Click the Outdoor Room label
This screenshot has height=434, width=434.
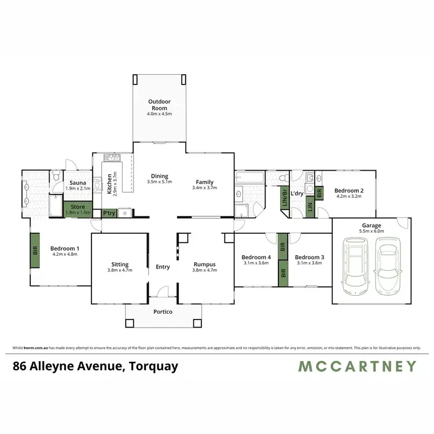(159, 105)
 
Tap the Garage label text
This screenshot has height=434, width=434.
(372, 225)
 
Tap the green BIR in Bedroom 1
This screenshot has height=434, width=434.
(34, 250)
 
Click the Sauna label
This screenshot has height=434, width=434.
(78, 183)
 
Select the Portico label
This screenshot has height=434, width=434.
(163, 312)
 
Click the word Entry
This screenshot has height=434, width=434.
(163, 267)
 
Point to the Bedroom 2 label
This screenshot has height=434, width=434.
(349, 190)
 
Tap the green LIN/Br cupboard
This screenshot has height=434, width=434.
(284, 197)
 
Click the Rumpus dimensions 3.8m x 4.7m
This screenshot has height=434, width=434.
(205, 270)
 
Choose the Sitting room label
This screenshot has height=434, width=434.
(120, 264)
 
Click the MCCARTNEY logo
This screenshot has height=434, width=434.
(357, 366)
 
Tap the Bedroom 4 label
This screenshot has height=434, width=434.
(256, 257)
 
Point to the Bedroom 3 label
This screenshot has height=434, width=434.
(310, 257)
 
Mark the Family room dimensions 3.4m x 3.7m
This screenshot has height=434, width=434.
(205, 187)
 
